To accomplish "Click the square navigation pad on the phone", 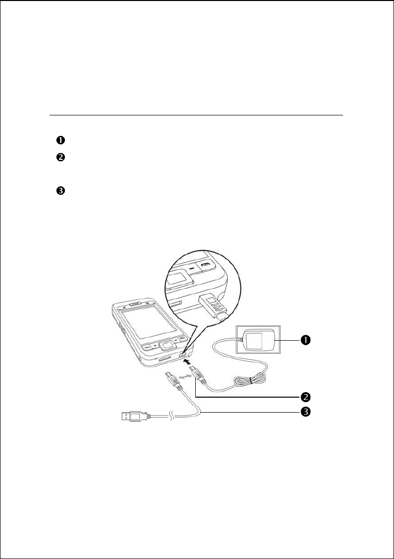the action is click(x=167, y=345).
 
